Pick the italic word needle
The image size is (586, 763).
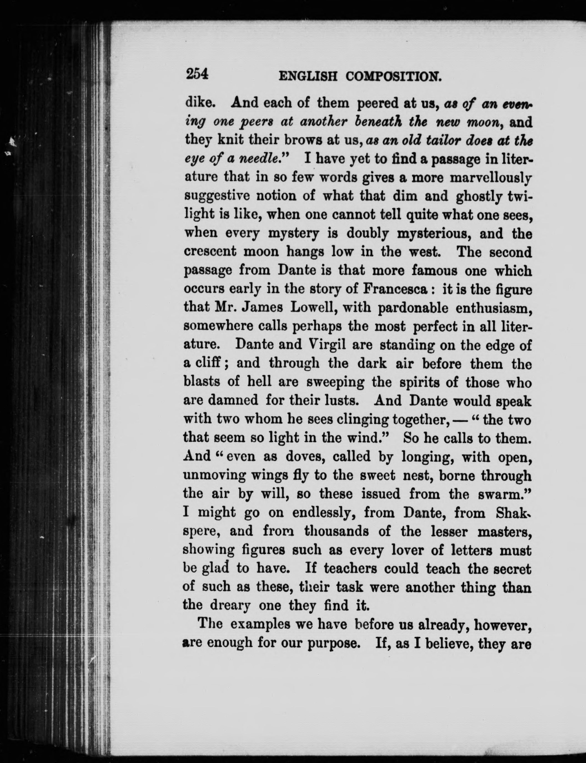(x=264, y=159)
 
